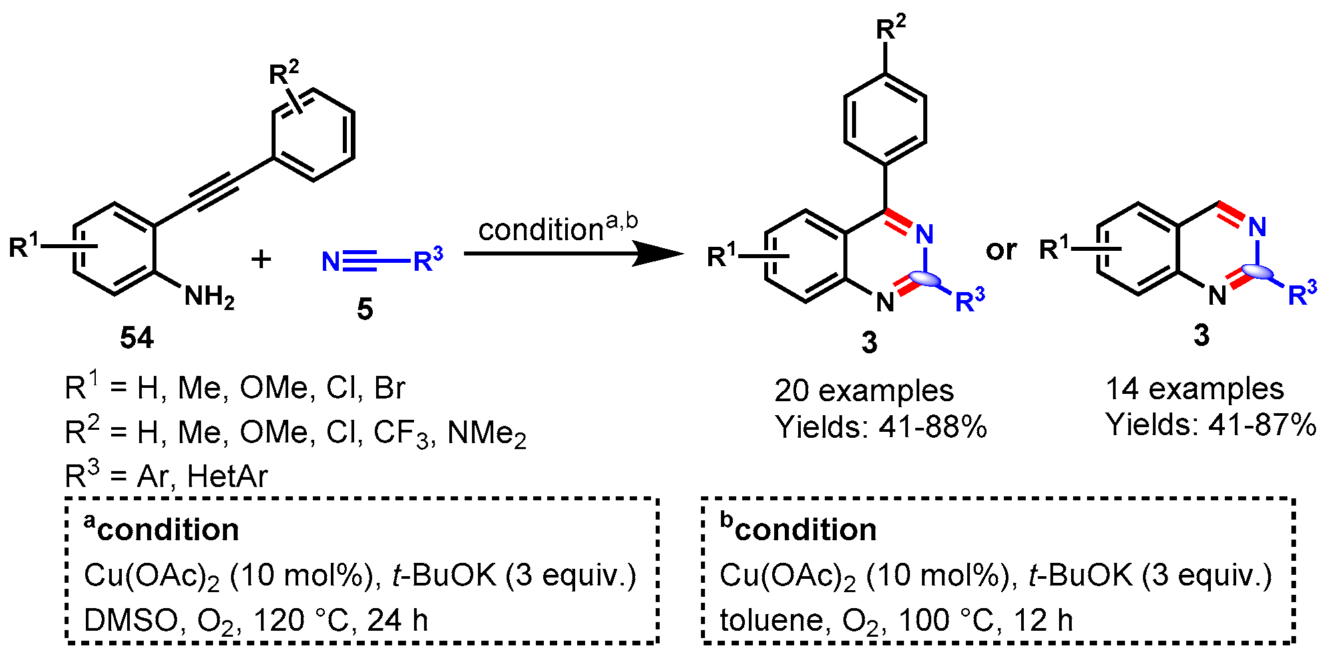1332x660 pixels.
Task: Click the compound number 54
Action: (x=136, y=338)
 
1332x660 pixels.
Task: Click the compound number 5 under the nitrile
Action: (x=365, y=309)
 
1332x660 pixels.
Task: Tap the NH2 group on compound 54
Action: (x=209, y=297)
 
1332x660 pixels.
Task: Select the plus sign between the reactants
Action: (x=262, y=259)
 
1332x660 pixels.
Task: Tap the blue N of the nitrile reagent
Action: (x=331, y=261)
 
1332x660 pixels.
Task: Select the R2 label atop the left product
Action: (x=891, y=28)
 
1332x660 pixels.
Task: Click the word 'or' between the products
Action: (x=1001, y=249)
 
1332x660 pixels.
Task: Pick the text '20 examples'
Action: (x=863, y=391)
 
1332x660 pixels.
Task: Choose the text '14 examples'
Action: (x=1194, y=389)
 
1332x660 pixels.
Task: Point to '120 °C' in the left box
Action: (x=302, y=620)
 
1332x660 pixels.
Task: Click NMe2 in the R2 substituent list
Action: (x=487, y=433)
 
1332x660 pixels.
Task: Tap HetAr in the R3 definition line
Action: (x=228, y=476)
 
